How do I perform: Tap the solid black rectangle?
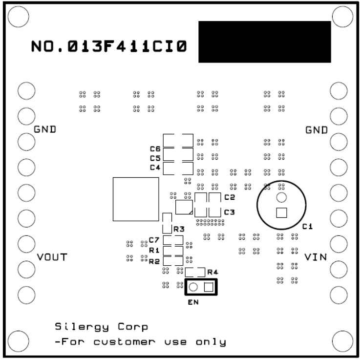264,42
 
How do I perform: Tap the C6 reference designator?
155,148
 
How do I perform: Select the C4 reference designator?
155,167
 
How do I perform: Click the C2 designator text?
230,197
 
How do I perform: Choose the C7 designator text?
154,240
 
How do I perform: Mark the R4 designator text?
212,272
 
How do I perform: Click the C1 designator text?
307,226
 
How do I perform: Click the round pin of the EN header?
193,287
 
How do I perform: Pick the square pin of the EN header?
208,287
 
